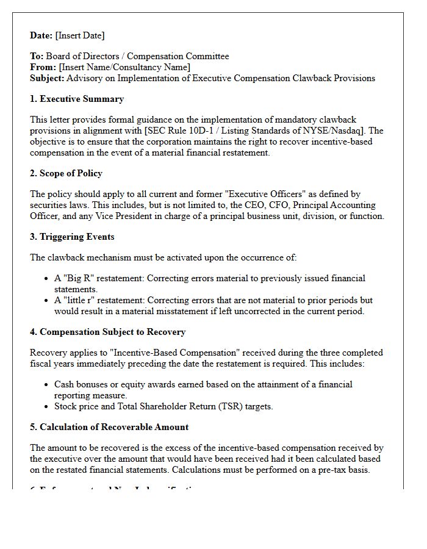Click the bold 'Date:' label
point(41,35)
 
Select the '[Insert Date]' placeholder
point(80,35)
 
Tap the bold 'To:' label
point(37,56)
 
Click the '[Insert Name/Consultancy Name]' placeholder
point(124,67)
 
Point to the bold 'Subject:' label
point(47,78)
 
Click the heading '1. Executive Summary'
point(77,99)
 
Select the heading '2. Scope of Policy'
point(66,173)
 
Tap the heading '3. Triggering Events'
point(72,237)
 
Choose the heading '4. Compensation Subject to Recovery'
point(108,332)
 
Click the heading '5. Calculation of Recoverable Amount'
point(109,427)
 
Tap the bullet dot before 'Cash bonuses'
point(47,385)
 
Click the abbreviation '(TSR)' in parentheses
point(228,406)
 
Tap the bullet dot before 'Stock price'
point(47,407)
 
